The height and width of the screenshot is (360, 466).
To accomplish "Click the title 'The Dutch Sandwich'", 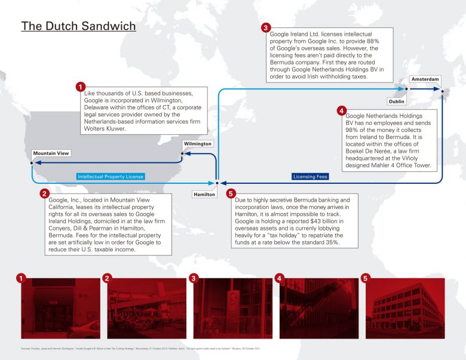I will point(78,27).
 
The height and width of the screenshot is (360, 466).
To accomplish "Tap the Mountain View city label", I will point(51,153).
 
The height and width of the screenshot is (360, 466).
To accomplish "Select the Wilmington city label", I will point(198,144).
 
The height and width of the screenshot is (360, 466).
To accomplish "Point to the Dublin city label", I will point(397,101).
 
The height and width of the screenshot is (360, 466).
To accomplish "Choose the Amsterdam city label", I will point(425,79).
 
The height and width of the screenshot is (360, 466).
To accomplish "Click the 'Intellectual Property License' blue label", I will point(111,177).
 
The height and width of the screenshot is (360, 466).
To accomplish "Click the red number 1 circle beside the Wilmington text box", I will point(80,87).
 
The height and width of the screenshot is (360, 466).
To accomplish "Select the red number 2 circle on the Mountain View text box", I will point(44,193).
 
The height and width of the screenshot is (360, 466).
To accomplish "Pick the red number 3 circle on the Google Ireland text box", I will point(266,28).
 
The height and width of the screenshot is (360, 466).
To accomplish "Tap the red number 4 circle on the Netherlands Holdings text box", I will point(341,110).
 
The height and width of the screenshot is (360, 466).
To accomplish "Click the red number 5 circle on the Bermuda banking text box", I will point(231,193).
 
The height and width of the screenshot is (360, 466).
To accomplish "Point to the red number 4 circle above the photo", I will point(278,278).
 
